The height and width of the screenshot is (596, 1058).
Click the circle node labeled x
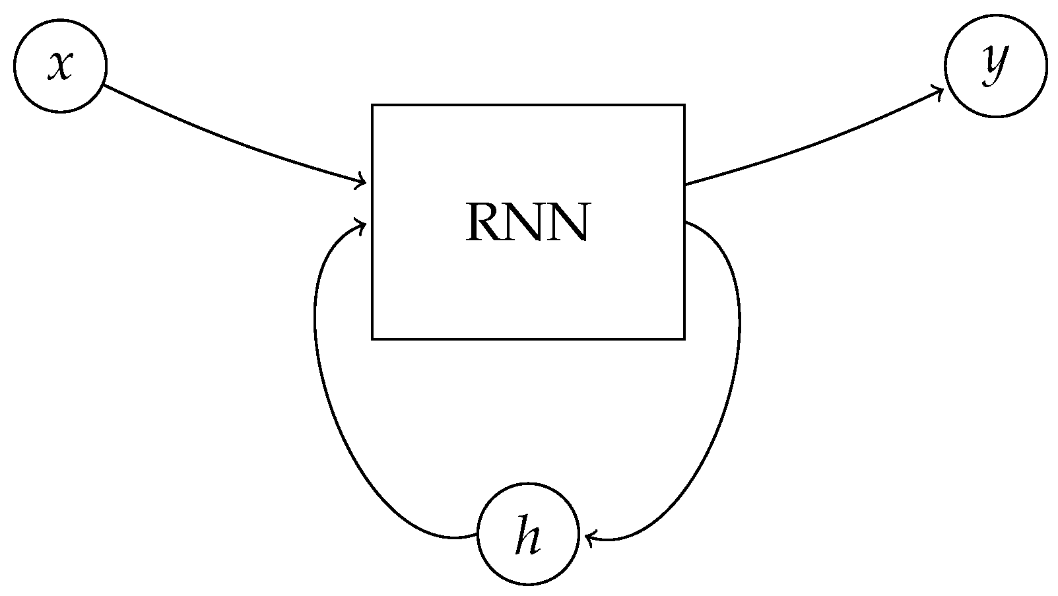click(60, 66)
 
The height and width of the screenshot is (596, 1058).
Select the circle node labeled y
click(995, 66)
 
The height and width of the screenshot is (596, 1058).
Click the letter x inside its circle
click(59, 66)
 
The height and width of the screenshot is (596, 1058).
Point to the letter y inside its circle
click(995, 65)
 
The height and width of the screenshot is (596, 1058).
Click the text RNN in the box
click(527, 222)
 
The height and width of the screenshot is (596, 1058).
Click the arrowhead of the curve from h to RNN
click(362, 226)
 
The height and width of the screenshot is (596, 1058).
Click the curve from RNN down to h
click(738, 343)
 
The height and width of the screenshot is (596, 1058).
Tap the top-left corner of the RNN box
click(373, 105)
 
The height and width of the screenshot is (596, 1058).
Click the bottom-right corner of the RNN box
click(684, 339)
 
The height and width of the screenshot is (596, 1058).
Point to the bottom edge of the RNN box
click(528, 339)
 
